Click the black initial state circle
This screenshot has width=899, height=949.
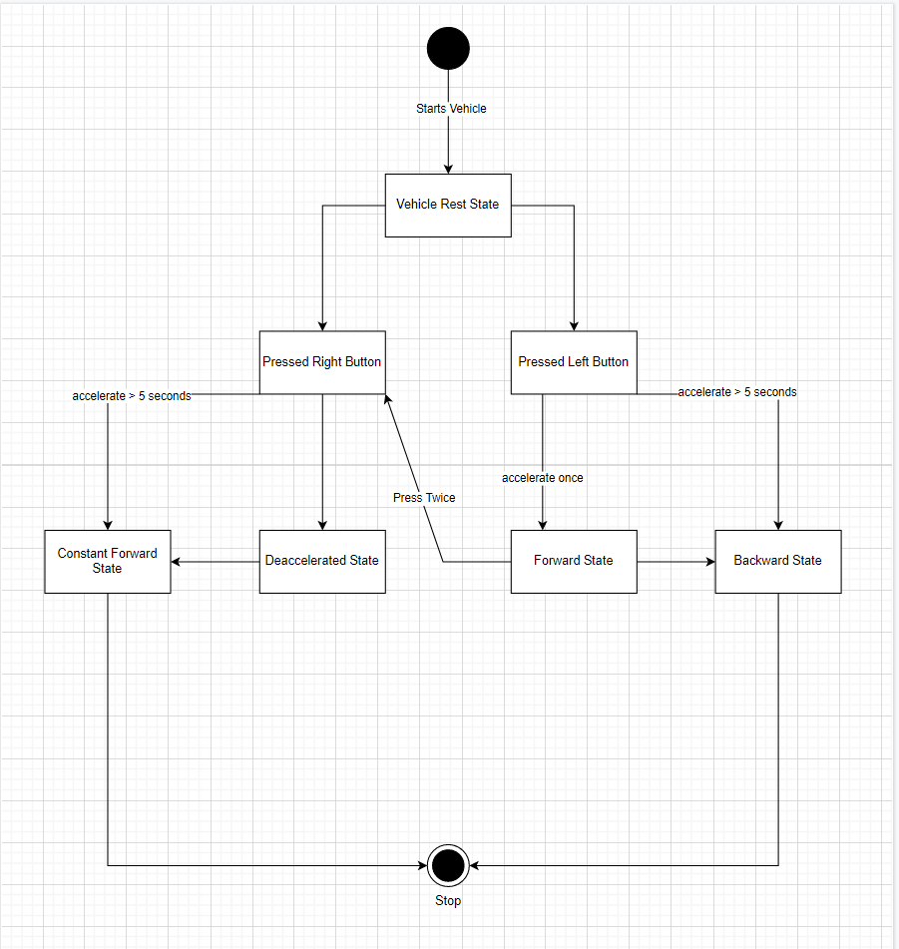tap(448, 47)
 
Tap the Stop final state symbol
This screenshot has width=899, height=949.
tap(448, 864)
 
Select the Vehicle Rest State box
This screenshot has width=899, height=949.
tap(448, 205)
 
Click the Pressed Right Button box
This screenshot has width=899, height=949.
tap(321, 362)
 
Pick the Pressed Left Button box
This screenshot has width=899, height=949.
tap(574, 362)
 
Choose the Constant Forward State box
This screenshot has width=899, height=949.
tap(107, 561)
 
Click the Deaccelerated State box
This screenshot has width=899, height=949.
tap(321, 561)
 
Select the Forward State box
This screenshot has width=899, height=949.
tap(574, 561)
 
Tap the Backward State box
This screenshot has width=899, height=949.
tap(777, 561)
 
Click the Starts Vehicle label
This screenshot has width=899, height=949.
tap(451, 108)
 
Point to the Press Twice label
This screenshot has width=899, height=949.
tap(424, 497)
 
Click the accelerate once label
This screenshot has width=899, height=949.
tap(543, 478)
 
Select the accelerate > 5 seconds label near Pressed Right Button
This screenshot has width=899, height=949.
tap(132, 396)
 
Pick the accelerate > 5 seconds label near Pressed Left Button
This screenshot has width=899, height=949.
tap(737, 392)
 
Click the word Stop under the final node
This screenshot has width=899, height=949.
tap(448, 901)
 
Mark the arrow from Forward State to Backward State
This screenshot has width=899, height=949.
tap(675, 561)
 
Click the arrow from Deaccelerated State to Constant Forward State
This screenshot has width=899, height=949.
tap(215, 561)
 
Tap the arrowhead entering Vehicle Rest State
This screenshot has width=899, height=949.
tap(448, 168)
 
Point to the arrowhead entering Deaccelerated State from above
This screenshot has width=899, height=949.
tap(321, 524)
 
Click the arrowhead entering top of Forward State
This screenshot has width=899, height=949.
tap(543, 524)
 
